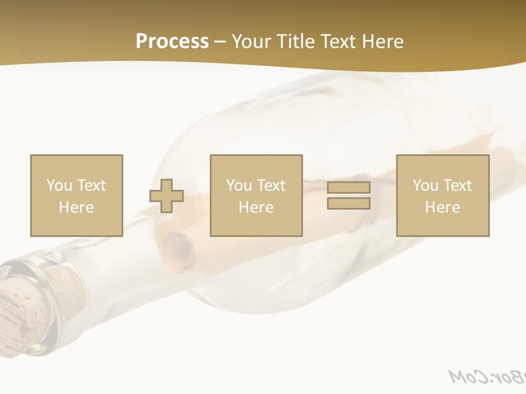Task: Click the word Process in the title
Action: tap(172, 42)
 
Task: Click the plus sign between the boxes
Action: tap(167, 196)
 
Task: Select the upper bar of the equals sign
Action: tap(348, 187)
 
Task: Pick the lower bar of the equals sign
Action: tap(348, 204)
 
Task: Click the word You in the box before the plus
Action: tap(59, 186)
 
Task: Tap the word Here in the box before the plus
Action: tap(76, 207)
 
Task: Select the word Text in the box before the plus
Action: tap(91, 186)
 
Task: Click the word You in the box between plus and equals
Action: tap(239, 186)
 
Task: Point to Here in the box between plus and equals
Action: tap(256, 207)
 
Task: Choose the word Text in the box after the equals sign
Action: tap(457, 186)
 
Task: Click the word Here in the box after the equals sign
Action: tap(442, 207)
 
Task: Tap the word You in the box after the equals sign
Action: tap(425, 186)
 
